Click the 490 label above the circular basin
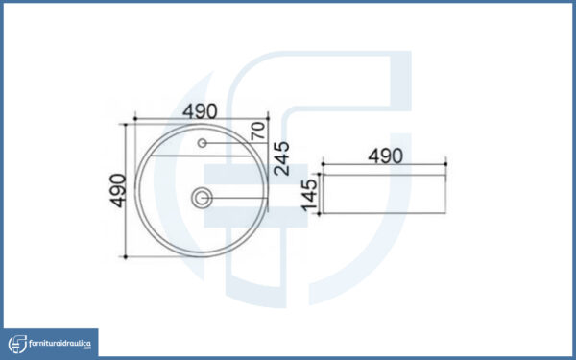point(200,111)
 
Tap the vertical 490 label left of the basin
point(118,191)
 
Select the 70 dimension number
point(258,131)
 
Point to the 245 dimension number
point(281,158)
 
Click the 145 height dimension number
point(309,195)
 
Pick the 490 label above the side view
point(385,156)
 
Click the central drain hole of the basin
point(202,198)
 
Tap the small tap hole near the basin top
point(202,143)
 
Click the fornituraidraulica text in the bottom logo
point(60,344)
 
